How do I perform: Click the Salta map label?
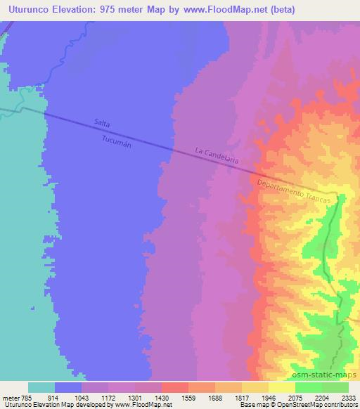[x=103, y=123]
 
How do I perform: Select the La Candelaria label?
[x=217, y=155]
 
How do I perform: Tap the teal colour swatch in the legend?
[x=41, y=387]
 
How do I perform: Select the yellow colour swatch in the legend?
[x=282, y=387]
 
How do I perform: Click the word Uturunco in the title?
[x=27, y=9]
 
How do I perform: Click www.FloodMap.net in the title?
[x=226, y=9]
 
